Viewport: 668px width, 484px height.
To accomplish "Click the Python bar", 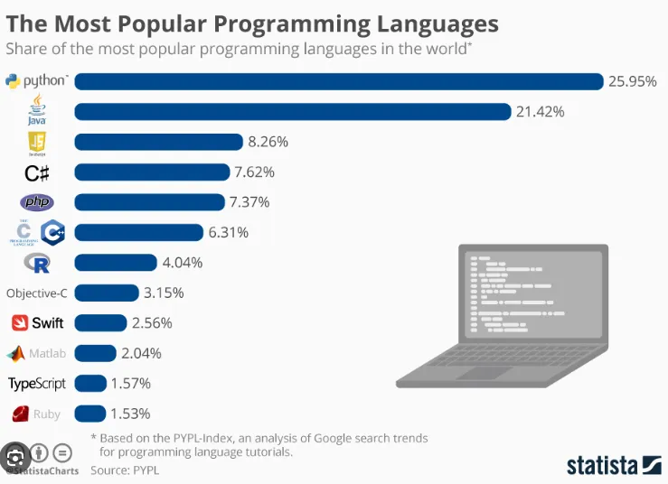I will [338, 81].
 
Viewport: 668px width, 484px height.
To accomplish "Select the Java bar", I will [293, 112].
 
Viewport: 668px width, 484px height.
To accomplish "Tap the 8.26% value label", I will [268, 142].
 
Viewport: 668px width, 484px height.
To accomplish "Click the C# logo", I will [36, 172].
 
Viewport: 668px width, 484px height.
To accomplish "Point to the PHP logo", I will [36, 202].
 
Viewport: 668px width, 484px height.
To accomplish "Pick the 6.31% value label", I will [229, 233].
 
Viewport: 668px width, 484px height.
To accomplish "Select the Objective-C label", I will [37, 293].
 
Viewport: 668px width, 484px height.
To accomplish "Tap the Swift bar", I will [100, 322].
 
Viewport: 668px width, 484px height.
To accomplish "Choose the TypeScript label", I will [37, 384].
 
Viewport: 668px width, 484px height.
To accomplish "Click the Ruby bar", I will [90, 414].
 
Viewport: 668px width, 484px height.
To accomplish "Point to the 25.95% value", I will [633, 81].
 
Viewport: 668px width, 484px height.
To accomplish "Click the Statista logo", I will [614, 464].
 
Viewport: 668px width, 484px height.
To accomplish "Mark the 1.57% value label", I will [131, 384].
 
